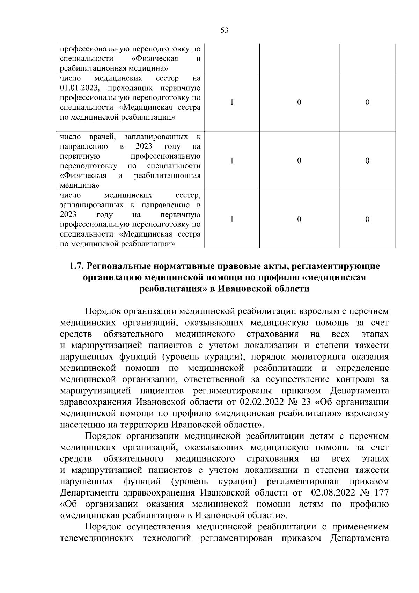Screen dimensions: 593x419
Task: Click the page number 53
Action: click(x=225, y=31)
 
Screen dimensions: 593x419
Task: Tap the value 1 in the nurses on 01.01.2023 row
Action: click(x=232, y=102)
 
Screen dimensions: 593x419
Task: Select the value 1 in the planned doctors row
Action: click(x=232, y=161)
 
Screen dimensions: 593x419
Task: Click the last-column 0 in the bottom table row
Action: click(x=367, y=219)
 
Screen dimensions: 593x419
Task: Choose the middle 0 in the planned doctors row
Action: click(x=299, y=161)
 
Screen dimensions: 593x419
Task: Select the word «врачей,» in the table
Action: click(x=101, y=136)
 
